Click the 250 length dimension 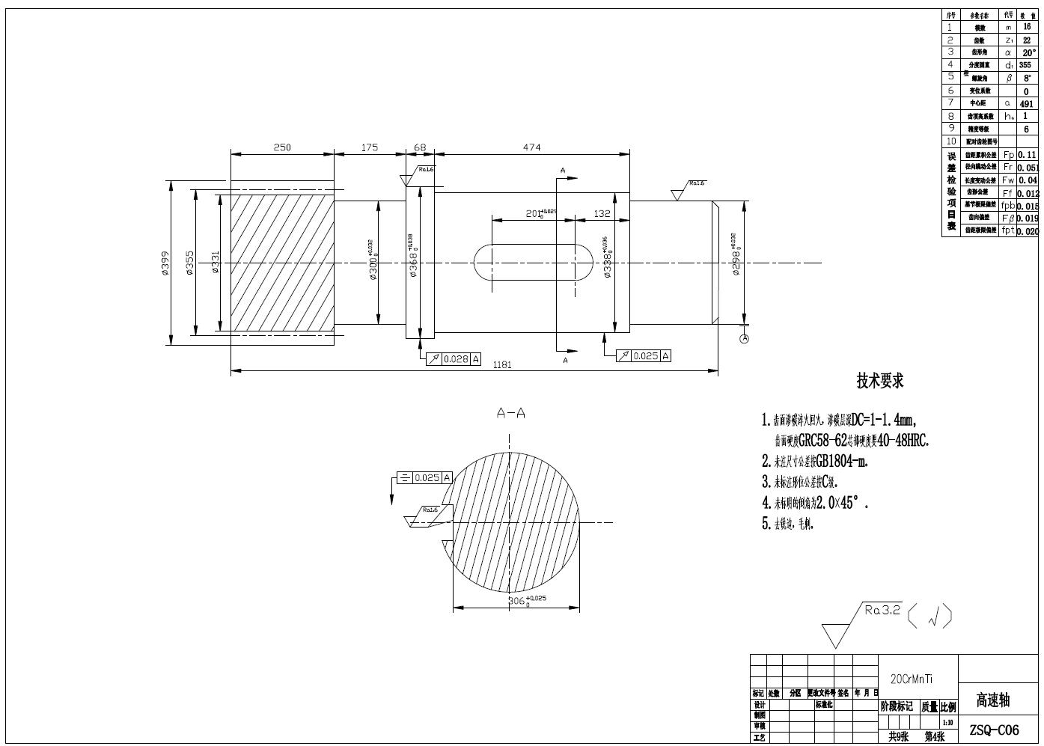pyautogui.click(x=282, y=147)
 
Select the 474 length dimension pyautogui.click(x=531, y=147)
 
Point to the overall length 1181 pyautogui.click(x=502, y=365)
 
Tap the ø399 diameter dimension pyautogui.click(x=165, y=263)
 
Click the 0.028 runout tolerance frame pyautogui.click(x=454, y=359)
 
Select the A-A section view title pyautogui.click(x=511, y=413)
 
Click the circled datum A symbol pyautogui.click(x=744, y=339)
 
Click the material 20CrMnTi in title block pyautogui.click(x=911, y=679)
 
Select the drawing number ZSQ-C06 pyautogui.click(x=994, y=730)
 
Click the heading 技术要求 pyautogui.click(x=880, y=381)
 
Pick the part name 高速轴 pyautogui.click(x=993, y=700)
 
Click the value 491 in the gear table pyautogui.click(x=1026, y=104)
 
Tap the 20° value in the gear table pyautogui.click(x=1029, y=53)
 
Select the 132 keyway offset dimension pyautogui.click(x=602, y=213)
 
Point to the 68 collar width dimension pyautogui.click(x=420, y=147)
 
